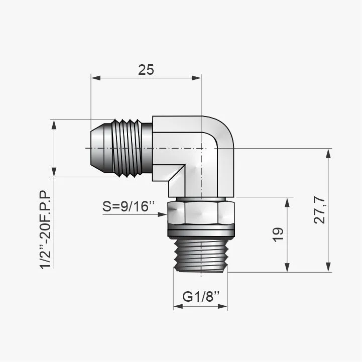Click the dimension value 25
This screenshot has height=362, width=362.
146,70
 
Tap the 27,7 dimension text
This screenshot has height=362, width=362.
320,210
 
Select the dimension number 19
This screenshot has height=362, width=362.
278,235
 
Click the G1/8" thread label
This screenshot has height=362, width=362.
201,296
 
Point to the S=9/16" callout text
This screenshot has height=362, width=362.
129,206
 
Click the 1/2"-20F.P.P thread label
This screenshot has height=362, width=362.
45,230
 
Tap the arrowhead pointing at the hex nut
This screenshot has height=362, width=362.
162,214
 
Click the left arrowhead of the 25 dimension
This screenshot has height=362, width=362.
96,78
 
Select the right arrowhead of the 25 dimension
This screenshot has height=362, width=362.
196,78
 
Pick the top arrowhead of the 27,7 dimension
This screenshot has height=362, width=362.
328,154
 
